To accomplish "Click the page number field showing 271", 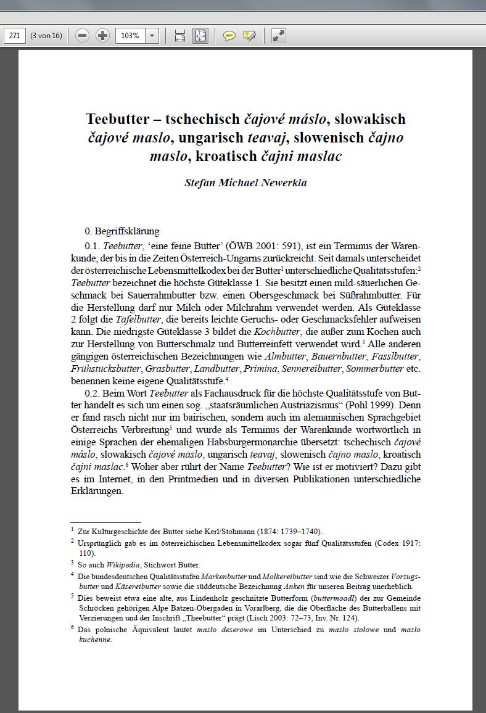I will [15, 36].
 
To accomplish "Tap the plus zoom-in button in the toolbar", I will [102, 36].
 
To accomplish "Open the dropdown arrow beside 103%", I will [152, 36].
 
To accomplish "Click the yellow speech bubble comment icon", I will [229, 36].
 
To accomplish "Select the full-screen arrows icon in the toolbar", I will [279, 36].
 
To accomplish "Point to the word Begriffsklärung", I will [128, 232].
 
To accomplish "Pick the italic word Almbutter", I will [284, 357].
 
